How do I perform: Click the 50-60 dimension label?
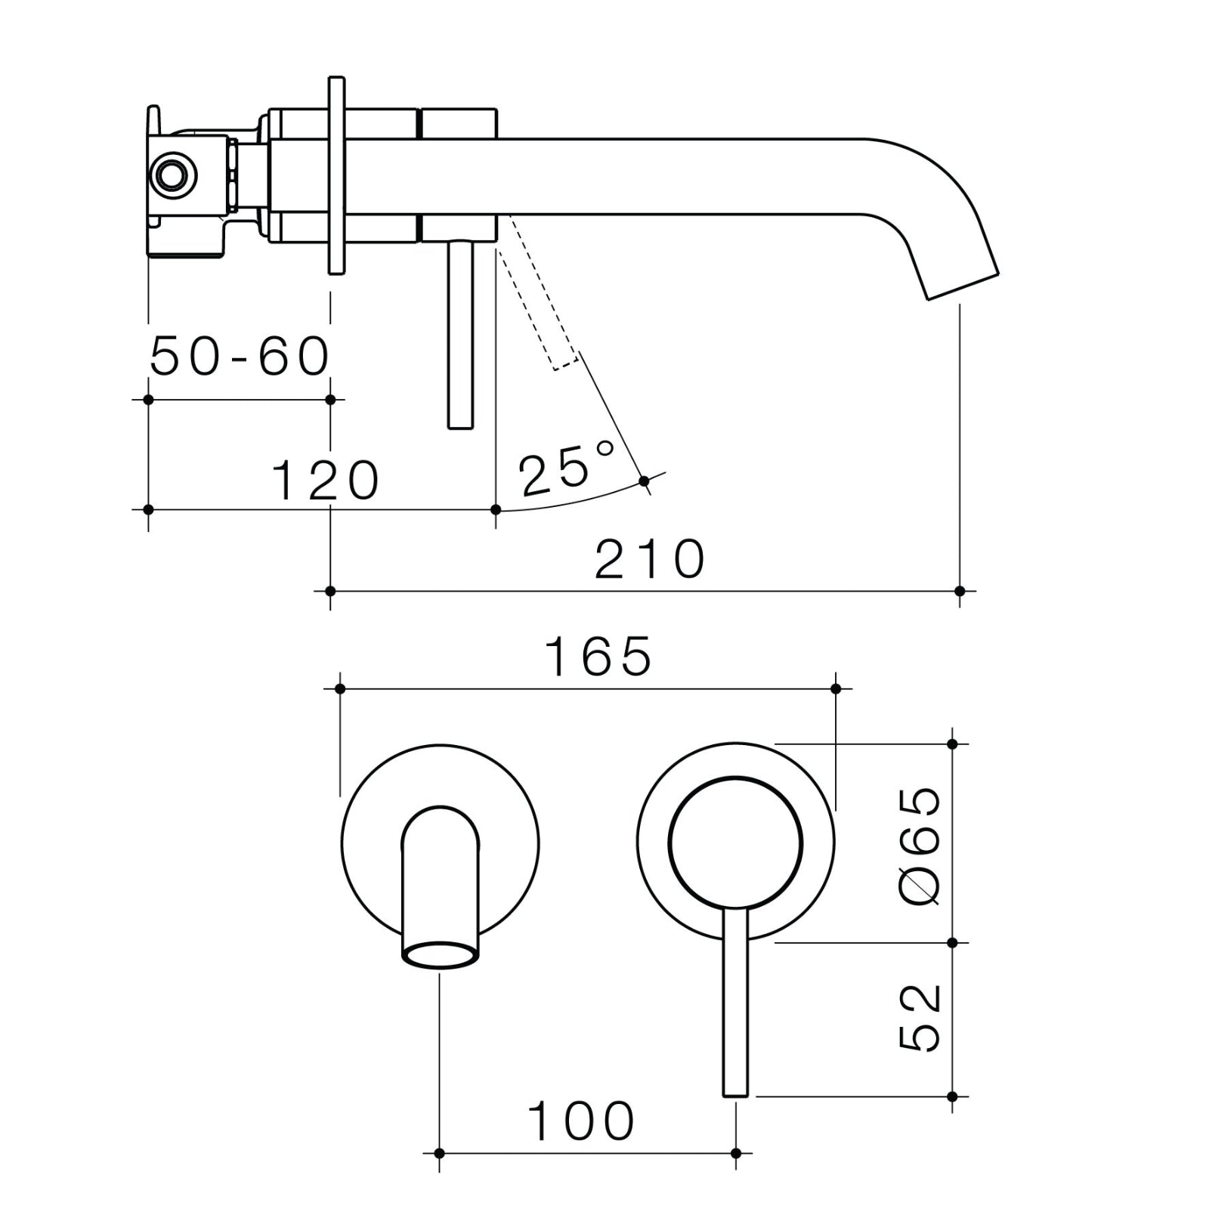coord(240,356)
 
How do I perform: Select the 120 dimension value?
coord(325,481)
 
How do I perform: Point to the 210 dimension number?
coord(650,560)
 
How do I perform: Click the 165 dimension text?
coord(597,657)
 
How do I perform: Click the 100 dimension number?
coord(580,1121)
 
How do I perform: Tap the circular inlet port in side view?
coord(174,175)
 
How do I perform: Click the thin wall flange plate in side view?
coord(337,175)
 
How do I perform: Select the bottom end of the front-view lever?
coord(735,1091)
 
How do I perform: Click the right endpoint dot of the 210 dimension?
coord(960,591)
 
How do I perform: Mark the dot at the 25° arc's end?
coord(644,481)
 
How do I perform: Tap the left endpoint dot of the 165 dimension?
coord(340,688)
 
